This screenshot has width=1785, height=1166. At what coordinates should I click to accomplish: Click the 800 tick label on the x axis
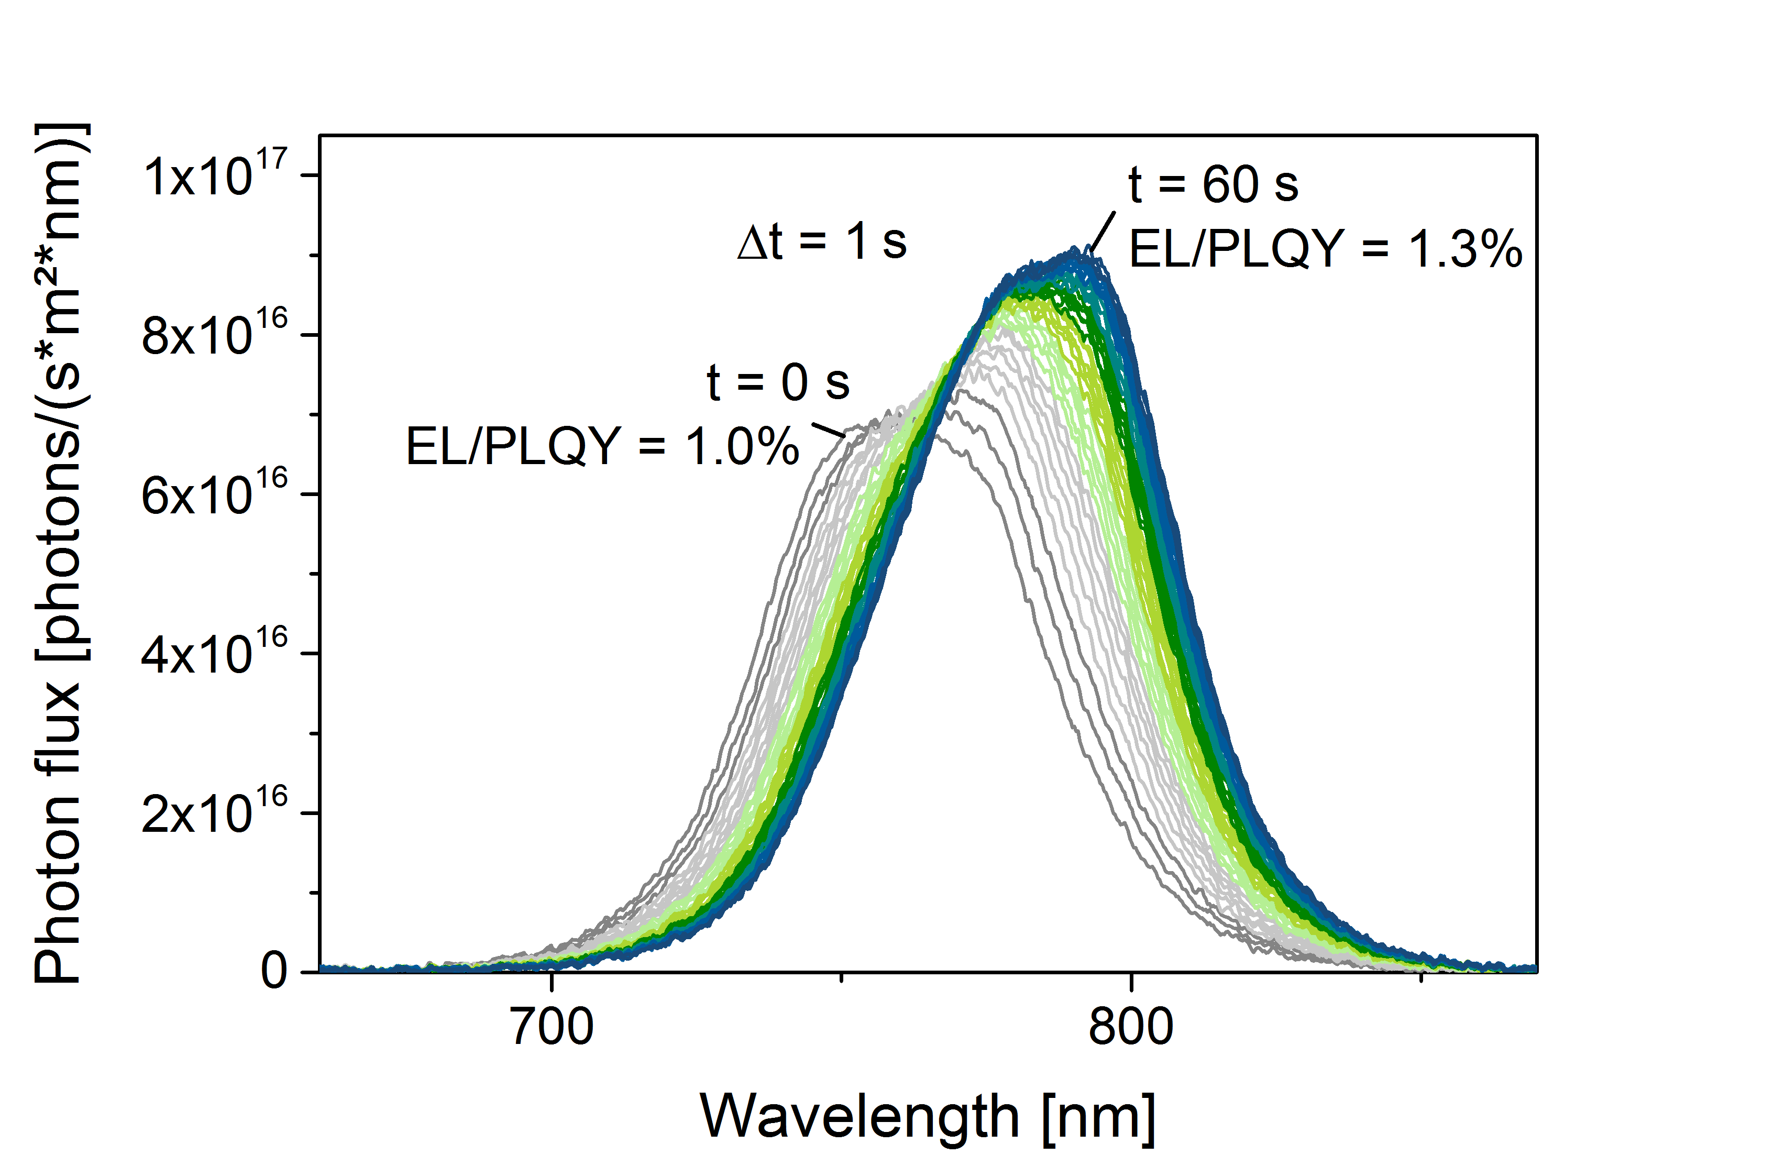(1131, 1026)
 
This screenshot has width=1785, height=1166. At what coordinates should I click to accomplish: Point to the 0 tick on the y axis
(274, 969)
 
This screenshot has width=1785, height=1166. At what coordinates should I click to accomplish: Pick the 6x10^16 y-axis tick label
(214, 493)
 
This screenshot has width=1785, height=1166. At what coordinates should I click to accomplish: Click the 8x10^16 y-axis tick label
(214, 334)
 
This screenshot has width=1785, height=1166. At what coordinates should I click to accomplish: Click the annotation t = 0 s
(778, 382)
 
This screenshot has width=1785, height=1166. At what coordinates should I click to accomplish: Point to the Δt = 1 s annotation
(823, 242)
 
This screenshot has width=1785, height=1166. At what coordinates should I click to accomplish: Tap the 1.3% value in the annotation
(1466, 249)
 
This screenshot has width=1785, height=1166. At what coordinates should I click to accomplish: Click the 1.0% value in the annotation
(743, 447)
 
